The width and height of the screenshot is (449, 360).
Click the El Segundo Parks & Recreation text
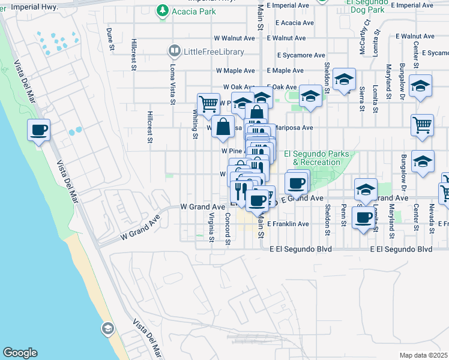(320, 158)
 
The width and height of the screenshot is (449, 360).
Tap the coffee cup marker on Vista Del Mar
(39, 130)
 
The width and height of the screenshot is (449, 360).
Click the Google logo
(20, 352)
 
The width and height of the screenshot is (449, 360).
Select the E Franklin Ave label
(288, 224)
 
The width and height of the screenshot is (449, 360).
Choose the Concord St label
(228, 230)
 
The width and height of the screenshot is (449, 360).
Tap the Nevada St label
(432, 217)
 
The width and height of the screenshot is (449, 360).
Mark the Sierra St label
(361, 99)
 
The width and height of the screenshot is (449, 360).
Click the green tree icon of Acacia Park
(161, 11)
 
